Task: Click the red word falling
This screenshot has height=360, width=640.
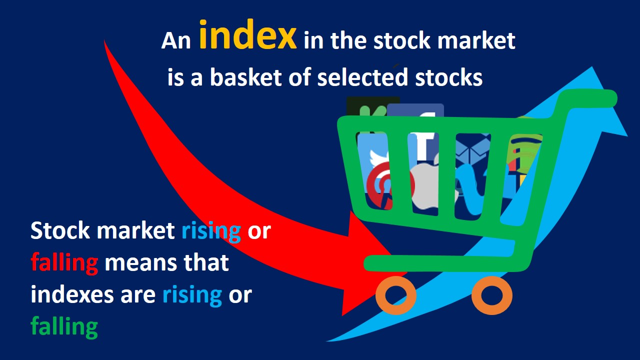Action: [64, 262]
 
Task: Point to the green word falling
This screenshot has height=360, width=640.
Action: [64, 327]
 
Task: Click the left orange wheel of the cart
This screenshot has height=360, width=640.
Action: [396, 295]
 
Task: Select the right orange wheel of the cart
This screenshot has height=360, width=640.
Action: [491, 295]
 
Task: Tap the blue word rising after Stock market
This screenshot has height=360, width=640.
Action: [211, 231]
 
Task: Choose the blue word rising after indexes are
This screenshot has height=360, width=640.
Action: [192, 295]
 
